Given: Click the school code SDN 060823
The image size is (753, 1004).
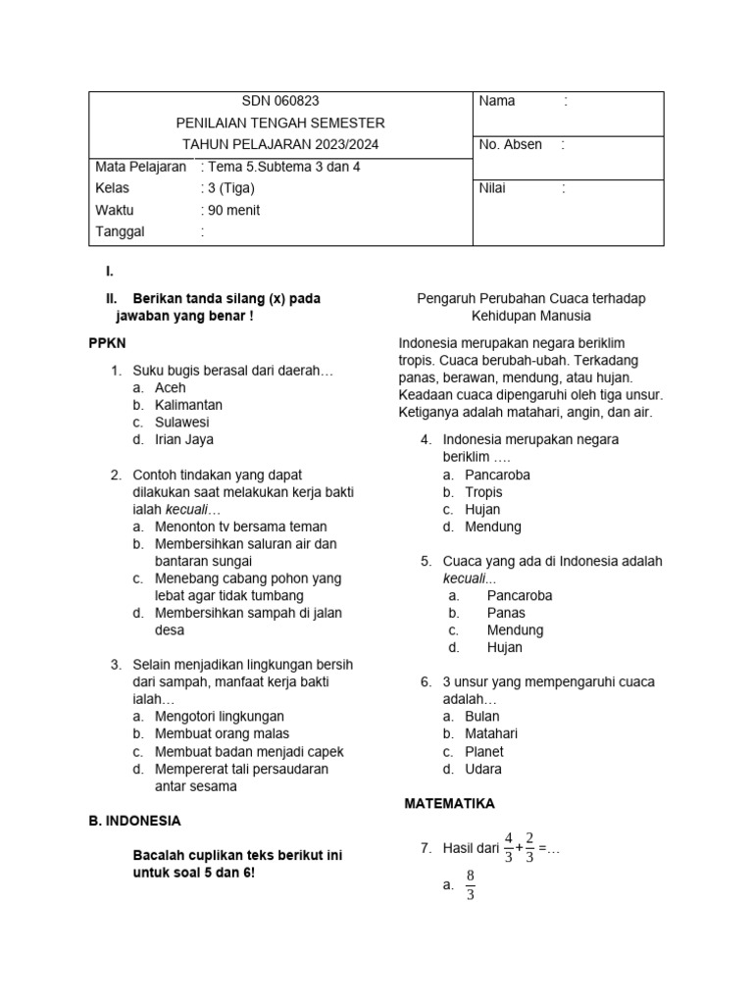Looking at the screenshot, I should click(x=280, y=101).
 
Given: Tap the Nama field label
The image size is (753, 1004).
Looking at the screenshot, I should click(x=497, y=101).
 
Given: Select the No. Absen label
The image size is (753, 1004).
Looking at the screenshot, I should click(x=510, y=144).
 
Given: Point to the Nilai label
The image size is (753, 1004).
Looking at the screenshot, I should click(x=492, y=188).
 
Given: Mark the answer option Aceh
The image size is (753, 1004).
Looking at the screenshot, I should click(x=171, y=387).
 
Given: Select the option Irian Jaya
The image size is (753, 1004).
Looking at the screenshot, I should click(x=184, y=440).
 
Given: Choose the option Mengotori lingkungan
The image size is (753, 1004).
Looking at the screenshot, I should click(x=220, y=717).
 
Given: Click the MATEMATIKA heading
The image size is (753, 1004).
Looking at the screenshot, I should click(x=450, y=803).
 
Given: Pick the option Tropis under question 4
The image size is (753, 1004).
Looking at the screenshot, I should click(x=483, y=492).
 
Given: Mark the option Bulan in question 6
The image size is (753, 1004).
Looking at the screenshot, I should click(x=482, y=717).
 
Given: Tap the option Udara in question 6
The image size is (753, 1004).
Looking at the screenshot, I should click(x=483, y=769).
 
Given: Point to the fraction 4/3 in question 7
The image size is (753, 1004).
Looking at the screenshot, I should click(x=509, y=847).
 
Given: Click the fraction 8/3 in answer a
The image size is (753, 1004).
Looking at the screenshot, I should click(x=471, y=884).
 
